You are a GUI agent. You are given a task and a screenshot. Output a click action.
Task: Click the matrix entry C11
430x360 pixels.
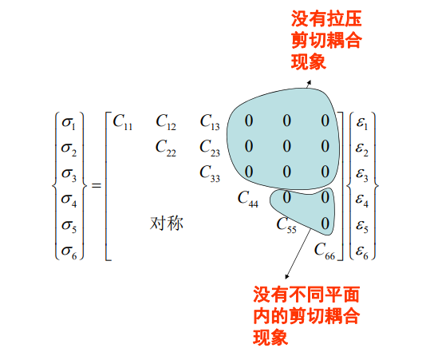123,121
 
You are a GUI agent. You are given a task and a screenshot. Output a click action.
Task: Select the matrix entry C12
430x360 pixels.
166,121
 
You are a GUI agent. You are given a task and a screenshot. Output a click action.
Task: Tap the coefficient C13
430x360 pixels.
210,121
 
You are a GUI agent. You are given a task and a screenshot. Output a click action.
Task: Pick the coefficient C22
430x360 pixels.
166,148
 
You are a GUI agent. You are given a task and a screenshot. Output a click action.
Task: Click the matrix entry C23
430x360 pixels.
210,148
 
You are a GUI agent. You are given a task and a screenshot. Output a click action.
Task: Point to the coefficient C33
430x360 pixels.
210,173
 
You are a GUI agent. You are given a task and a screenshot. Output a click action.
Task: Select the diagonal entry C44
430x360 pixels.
248,199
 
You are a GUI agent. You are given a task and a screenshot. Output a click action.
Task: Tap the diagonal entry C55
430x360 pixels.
286,224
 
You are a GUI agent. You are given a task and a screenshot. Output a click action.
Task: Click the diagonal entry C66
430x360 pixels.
325,251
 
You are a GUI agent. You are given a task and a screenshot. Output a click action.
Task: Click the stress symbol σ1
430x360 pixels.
69,123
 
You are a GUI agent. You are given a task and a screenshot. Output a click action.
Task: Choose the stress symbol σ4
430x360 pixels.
69,200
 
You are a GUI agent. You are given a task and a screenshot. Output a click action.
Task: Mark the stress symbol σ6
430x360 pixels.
69,251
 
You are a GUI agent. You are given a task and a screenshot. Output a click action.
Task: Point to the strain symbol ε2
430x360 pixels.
362,149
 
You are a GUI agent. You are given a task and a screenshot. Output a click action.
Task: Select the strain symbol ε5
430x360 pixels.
362,226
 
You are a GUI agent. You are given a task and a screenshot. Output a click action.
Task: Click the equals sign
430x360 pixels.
97,186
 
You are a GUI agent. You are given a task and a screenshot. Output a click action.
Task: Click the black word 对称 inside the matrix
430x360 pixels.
167,223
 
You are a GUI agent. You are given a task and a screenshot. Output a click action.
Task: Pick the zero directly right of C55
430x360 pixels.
325,224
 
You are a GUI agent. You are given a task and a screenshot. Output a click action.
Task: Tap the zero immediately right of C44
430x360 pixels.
287,198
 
